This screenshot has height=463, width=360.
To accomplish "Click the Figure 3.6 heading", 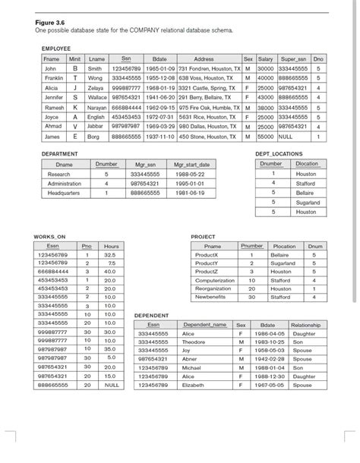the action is click(51, 22).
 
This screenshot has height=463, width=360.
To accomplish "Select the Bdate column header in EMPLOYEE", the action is click(159, 58).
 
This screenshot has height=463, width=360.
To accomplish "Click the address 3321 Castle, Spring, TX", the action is click(209, 87).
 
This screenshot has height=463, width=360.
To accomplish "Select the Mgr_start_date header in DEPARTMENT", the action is click(191, 164).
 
